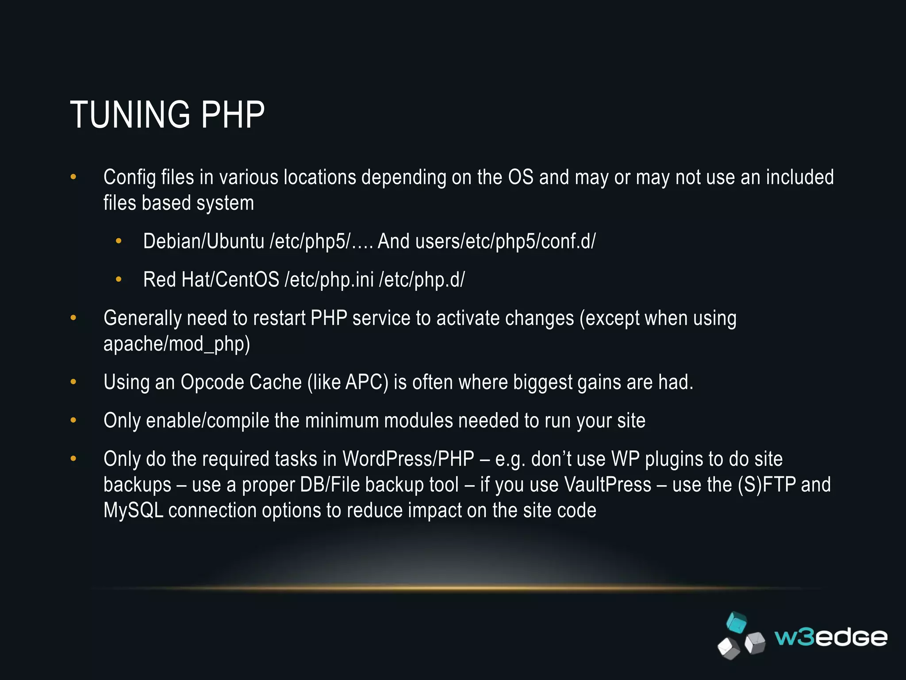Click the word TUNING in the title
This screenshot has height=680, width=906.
tap(130, 115)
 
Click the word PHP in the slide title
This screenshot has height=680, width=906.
tap(233, 115)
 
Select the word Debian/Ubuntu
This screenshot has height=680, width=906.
tap(203, 242)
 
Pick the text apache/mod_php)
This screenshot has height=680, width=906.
tap(177, 344)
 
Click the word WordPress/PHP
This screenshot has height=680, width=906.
tap(408, 459)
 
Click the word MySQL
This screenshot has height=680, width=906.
tap(133, 510)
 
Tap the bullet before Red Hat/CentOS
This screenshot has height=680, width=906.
tap(118, 279)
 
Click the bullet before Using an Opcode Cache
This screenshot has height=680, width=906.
tap(73, 382)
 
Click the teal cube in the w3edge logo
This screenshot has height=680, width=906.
tap(737, 622)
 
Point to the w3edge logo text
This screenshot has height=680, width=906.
tap(831, 637)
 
